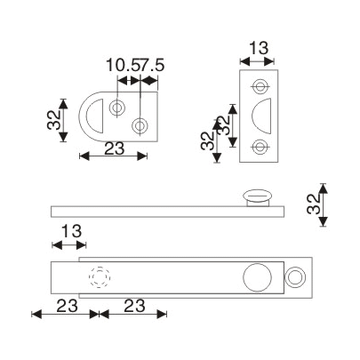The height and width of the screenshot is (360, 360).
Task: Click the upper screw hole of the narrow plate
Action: (260, 86)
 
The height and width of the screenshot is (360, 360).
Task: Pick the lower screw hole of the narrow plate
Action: (260, 147)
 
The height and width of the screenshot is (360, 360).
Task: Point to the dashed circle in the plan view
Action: (99, 279)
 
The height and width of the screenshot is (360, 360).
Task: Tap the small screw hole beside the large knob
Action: (292, 278)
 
